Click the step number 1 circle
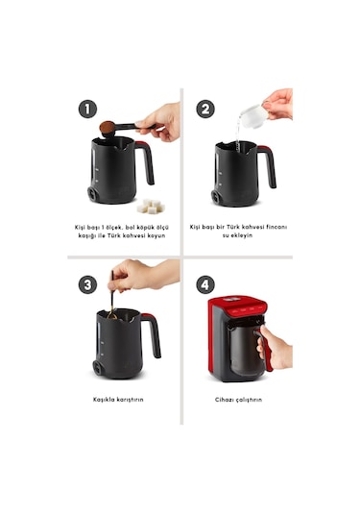tap(87, 109)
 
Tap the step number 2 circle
tap(205, 109)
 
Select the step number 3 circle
tap(87, 284)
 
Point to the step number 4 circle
tap(205, 284)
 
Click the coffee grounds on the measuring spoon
tap(108, 127)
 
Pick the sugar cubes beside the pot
tap(151, 207)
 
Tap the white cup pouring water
tap(253, 115)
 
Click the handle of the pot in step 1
tap(146, 161)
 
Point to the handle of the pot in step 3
tap(153, 334)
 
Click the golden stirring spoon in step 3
tap(112, 298)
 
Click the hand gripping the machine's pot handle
tap(275, 348)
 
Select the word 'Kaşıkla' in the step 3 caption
tap(104, 400)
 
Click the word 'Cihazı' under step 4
tap(224, 400)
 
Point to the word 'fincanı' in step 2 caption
tap(276, 227)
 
